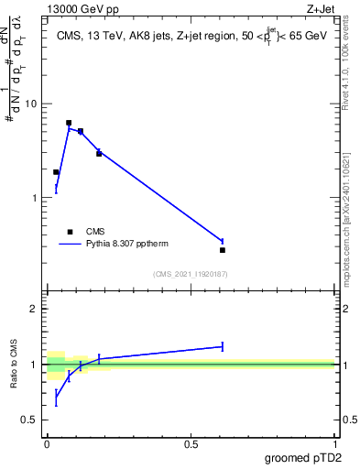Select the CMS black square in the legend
tap(70, 232)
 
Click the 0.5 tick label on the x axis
tap(191, 443)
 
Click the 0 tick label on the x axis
tap(47, 443)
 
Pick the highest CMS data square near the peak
tap(69, 123)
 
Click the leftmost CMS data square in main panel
tap(56, 172)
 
